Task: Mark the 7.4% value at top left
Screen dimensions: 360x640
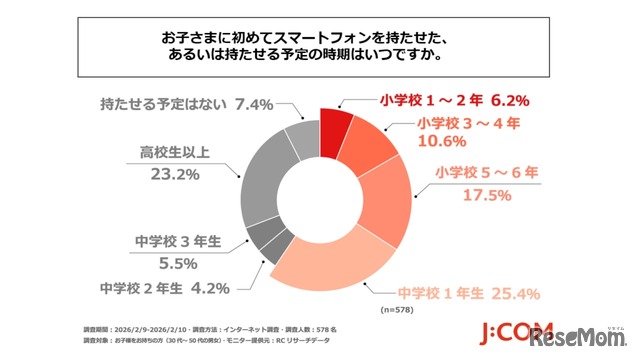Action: [x=252, y=103]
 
